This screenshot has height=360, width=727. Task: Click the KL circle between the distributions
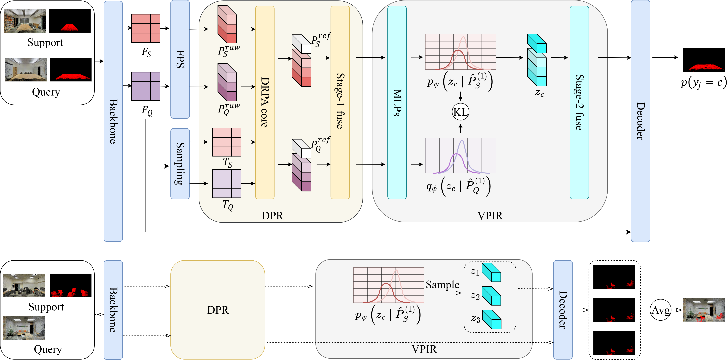tap(460, 112)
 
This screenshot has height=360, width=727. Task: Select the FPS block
tap(180, 59)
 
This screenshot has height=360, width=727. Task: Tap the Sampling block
tap(180, 164)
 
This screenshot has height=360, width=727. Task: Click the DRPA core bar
tap(265, 102)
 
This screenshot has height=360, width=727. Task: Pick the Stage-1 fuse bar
tap(340, 102)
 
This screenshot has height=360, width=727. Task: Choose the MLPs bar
tap(397, 102)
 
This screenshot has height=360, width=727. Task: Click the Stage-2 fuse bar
tap(579, 102)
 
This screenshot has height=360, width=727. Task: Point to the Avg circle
tap(660, 310)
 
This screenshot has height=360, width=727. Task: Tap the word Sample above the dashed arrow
tap(442, 285)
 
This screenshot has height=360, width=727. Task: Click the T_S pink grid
tap(227, 142)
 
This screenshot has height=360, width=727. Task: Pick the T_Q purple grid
tap(227, 183)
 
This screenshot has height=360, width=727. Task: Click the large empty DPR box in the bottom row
tap(218, 310)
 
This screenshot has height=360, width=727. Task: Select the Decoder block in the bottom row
tap(563, 310)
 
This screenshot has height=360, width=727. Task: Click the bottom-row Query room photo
tap(24, 327)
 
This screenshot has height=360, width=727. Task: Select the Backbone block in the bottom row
tap(113, 310)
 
